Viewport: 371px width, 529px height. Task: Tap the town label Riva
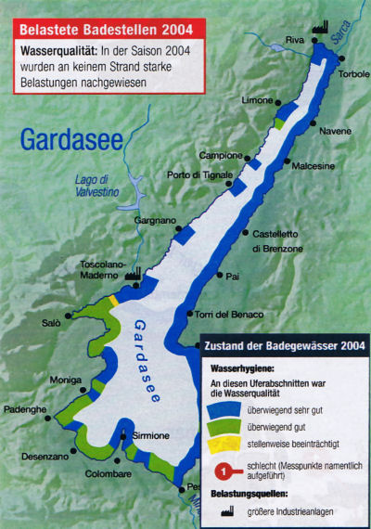pos(295,40)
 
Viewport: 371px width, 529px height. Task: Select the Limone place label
pos(257,99)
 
